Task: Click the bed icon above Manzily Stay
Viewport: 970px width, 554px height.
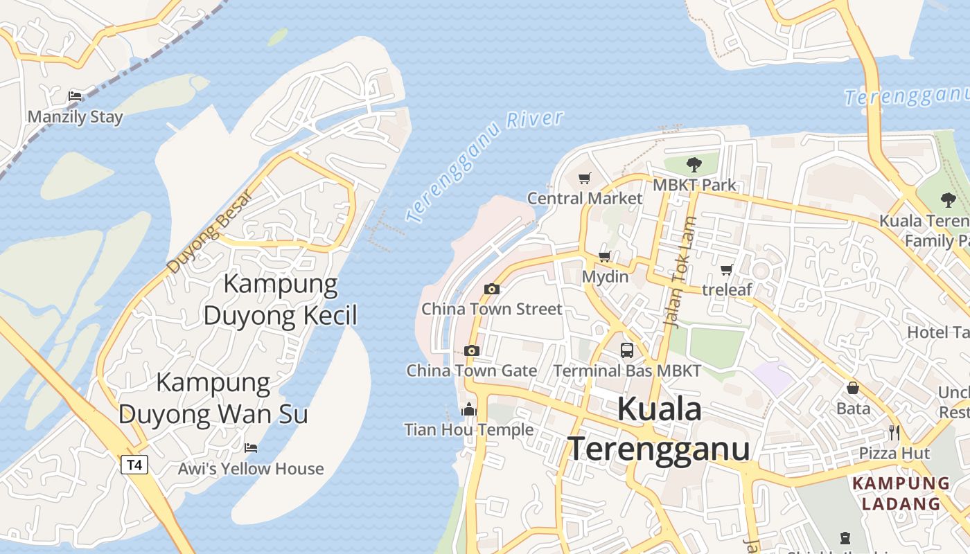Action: [x=75, y=96]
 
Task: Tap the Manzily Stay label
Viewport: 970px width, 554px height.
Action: [x=75, y=117]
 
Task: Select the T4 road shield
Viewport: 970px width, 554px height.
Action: [x=134, y=464]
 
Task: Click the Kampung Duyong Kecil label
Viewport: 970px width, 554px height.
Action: [x=281, y=299]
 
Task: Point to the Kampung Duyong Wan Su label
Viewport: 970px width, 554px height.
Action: [x=213, y=397]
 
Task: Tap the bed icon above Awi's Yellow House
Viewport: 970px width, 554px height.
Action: [x=251, y=448]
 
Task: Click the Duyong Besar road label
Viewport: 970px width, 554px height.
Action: [x=207, y=231]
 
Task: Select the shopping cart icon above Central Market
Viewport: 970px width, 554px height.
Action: [x=585, y=178]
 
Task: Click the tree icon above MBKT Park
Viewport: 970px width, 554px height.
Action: [x=694, y=164]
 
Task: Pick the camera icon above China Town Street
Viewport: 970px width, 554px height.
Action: [x=492, y=289]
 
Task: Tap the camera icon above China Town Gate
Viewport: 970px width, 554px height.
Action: [x=472, y=350]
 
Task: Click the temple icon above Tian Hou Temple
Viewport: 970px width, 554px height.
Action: [x=469, y=409]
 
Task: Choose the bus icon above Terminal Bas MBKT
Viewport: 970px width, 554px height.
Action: [x=627, y=350]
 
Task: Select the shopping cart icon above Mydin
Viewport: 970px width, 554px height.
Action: [x=605, y=257]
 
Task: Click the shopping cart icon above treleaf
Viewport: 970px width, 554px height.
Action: [x=726, y=269]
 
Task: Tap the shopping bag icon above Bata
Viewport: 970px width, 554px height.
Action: [x=853, y=388]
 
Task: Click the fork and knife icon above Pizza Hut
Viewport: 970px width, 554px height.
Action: [x=894, y=433]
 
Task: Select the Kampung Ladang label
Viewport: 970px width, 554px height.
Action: [x=901, y=493]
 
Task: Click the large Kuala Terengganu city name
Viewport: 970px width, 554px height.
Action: [x=659, y=429]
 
